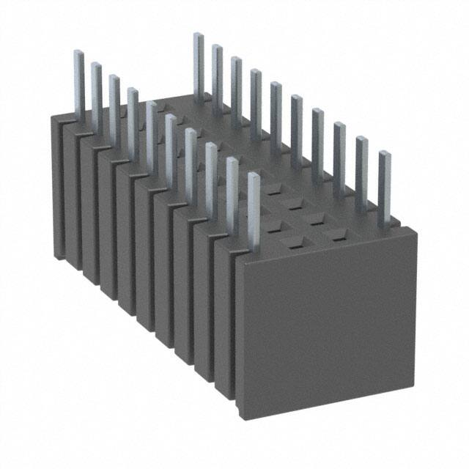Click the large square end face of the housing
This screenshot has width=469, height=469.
[x=326, y=322]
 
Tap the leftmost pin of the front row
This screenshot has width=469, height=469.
[x=78, y=81]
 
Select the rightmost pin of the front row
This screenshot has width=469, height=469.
[x=254, y=209]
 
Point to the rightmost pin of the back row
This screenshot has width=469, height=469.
[x=384, y=187]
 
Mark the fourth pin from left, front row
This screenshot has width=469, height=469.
[x=133, y=117]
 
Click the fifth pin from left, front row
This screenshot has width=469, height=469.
[x=151, y=132]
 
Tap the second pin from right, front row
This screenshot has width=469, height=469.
[x=232, y=191]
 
